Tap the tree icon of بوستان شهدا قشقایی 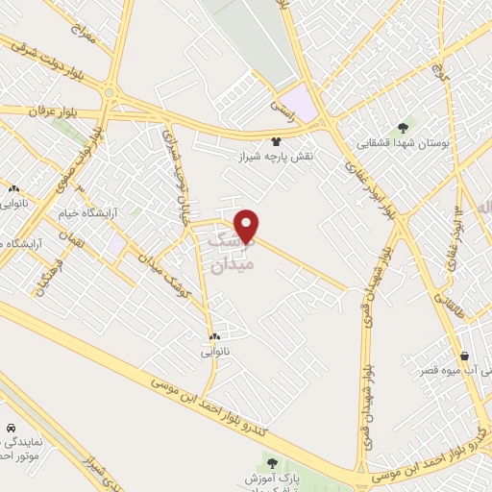pos(403,127)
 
